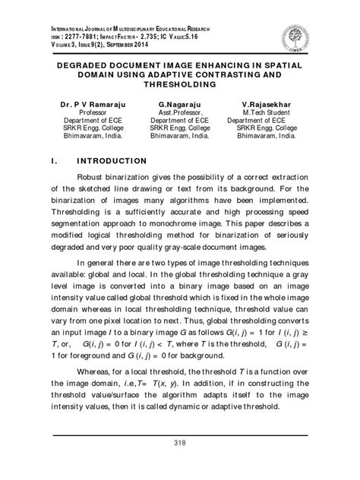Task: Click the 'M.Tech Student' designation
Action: click(274, 110)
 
